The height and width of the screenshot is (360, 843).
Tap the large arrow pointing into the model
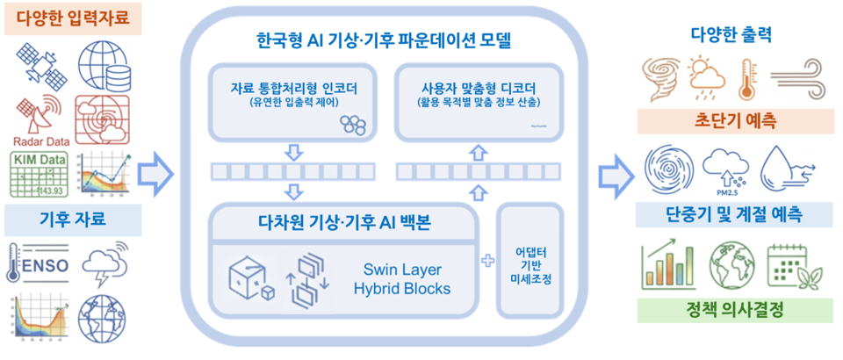coord(158,172)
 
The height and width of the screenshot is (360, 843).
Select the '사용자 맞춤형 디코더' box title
coord(479,87)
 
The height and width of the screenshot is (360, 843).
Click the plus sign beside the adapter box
coord(487,261)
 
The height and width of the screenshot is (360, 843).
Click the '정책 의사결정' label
coord(733,311)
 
